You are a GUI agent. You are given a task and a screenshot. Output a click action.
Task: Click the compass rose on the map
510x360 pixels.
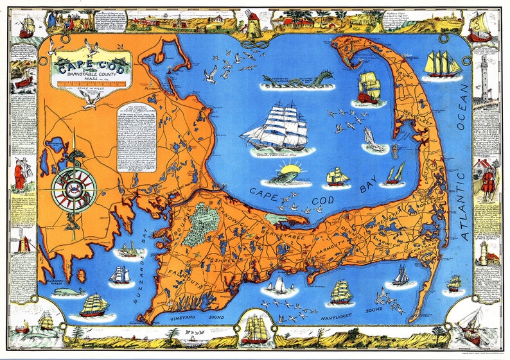74,189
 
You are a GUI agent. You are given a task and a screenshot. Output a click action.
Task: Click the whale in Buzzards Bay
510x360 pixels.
69,292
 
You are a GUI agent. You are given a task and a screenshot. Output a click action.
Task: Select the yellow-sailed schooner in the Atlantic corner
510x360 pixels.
443,64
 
